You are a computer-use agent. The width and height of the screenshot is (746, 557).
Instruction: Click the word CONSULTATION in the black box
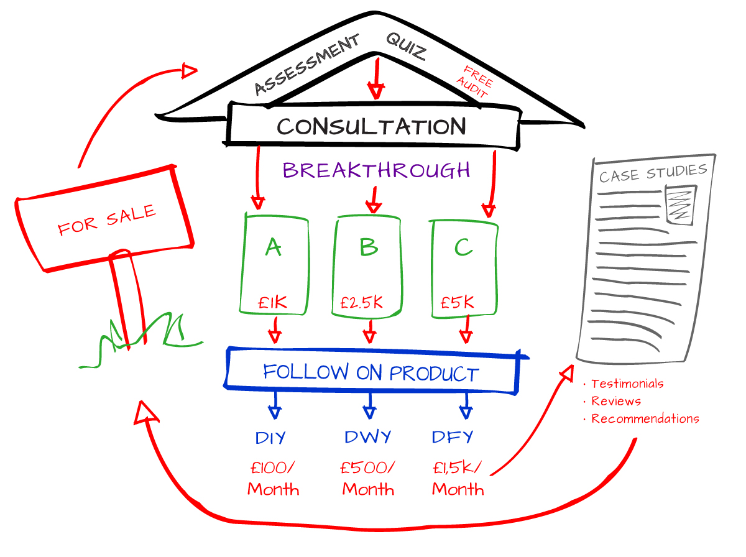tap(371, 126)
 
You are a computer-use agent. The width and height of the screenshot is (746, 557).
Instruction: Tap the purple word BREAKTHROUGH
tap(376, 170)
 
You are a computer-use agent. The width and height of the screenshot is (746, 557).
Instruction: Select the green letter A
tap(274, 247)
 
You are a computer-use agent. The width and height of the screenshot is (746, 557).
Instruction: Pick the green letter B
tap(369, 247)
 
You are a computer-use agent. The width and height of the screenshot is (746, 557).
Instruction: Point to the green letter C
tap(464, 247)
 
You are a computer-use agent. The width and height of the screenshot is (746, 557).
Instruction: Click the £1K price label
tap(272, 302)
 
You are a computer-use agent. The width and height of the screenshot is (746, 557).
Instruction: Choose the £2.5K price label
tap(362, 302)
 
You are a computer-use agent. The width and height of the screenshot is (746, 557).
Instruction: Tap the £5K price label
tap(457, 302)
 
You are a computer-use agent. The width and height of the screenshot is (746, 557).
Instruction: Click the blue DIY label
tap(270, 438)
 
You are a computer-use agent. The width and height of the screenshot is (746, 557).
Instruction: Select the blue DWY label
tap(368, 437)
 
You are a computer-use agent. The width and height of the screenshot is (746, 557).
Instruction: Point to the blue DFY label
tap(453, 437)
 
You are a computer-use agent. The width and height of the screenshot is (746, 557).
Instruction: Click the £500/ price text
tap(368, 467)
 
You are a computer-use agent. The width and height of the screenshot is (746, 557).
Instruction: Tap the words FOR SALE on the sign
tap(107, 220)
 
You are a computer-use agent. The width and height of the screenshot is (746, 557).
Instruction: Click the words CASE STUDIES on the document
tap(653, 173)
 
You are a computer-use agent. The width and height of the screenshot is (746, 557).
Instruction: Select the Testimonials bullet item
tap(627, 384)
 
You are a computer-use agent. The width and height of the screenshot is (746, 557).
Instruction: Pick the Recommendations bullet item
tap(645, 418)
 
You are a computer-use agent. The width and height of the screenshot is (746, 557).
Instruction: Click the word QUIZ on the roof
tap(406, 47)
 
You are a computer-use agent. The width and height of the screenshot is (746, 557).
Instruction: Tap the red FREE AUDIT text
tap(474, 81)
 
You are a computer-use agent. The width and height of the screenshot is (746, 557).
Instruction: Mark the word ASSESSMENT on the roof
tap(307, 65)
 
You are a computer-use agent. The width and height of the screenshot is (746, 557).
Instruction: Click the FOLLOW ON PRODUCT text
tap(371, 372)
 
